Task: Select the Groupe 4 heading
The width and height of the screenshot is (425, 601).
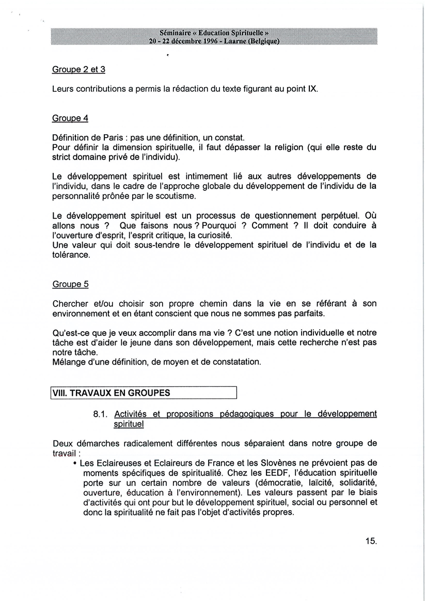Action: (70, 118)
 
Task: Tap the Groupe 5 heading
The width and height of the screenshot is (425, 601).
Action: (70, 284)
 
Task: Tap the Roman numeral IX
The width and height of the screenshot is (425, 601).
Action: (312, 89)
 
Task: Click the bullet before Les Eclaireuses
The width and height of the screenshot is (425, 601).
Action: (75, 463)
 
